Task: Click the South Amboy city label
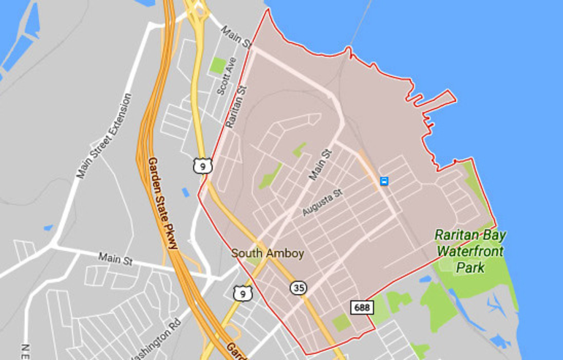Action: tap(268, 253)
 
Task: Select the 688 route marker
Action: tap(361, 307)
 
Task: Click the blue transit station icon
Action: tap(384, 181)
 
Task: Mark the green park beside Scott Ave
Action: tap(218, 66)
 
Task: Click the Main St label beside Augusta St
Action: tap(320, 164)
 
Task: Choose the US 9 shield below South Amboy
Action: tap(241, 293)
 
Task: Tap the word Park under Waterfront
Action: tap(471, 268)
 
